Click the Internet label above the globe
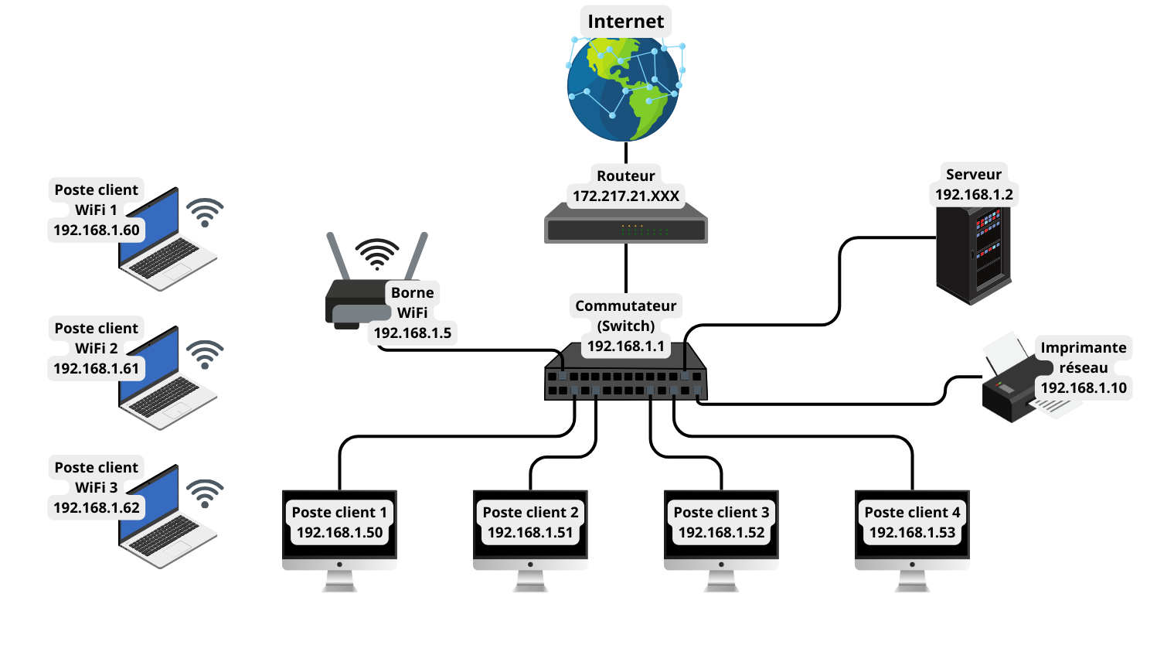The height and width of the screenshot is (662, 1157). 625,22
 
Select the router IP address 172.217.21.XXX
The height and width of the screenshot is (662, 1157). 626,196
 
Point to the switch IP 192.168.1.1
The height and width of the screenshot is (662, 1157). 626,346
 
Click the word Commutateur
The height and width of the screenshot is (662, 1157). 626,306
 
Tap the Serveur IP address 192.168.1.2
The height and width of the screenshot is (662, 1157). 974,195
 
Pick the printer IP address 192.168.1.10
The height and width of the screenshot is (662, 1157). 1084,388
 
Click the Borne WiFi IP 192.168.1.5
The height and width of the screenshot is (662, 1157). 413,333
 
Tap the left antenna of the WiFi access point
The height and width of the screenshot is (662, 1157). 337,255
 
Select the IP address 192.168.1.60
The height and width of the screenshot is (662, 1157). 97,230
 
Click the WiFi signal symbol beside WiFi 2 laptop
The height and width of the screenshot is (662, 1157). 205,353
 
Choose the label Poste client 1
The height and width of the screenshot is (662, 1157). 339,513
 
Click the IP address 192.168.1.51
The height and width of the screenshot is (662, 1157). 530,533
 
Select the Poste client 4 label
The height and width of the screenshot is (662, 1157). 912,513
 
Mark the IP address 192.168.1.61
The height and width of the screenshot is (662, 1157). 97,369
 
